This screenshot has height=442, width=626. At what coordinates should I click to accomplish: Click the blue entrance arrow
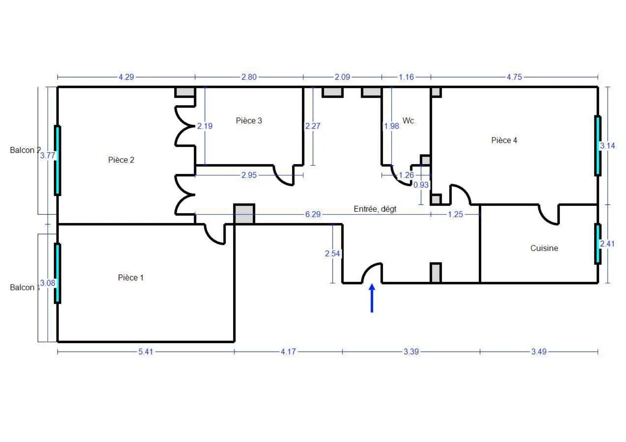[x=372, y=298]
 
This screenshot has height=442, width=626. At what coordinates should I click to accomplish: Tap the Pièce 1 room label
[x=131, y=277]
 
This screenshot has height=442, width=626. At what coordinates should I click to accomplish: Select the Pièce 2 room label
[x=121, y=160]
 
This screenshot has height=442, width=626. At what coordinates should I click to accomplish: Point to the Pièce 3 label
[x=249, y=121]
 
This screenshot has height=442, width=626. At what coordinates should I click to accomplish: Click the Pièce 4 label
[x=504, y=140]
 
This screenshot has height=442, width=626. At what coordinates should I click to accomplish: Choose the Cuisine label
[x=544, y=248]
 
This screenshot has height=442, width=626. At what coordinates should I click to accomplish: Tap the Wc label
[x=408, y=121]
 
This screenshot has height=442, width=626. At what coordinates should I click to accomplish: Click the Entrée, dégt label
[x=375, y=209]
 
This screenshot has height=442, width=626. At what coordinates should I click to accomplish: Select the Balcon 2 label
[x=25, y=150]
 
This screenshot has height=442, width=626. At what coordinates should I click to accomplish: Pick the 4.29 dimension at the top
[x=126, y=77]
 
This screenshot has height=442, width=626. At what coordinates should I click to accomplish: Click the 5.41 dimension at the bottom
[x=146, y=352]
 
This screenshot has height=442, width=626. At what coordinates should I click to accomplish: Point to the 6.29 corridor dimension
[x=313, y=214]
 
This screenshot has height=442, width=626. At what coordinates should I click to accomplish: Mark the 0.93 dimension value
[x=421, y=185]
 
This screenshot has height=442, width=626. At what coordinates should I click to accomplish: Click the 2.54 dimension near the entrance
[x=332, y=254]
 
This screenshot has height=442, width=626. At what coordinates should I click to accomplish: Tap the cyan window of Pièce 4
[x=597, y=146]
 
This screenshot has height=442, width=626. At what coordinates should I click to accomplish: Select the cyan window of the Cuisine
[x=597, y=244]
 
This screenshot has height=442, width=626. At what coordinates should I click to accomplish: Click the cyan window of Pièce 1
[x=57, y=273]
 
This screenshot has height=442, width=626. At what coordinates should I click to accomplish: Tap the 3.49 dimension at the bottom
[x=539, y=352]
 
